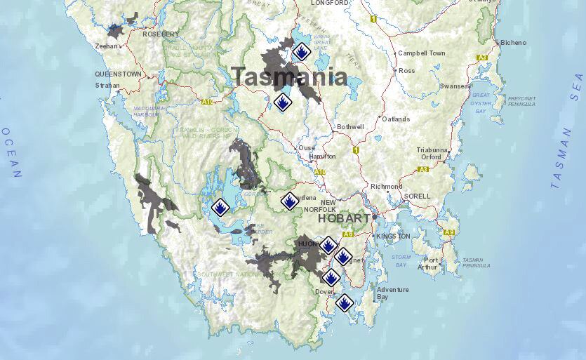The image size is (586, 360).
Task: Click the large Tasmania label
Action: pyautogui.click(x=289, y=76)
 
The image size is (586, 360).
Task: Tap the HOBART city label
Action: pyautogui.click(x=343, y=219)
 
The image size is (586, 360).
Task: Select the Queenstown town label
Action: pyautogui.click(x=118, y=74)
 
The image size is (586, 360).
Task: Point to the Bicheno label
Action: pyautogui.click(x=513, y=43)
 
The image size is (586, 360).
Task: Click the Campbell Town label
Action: pyautogui.click(x=421, y=53)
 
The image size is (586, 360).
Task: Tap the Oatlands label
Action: pyautogui.click(x=396, y=119)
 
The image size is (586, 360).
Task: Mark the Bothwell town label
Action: pyautogui.click(x=350, y=127)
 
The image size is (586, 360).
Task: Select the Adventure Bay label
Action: pyautogui.click(x=392, y=293)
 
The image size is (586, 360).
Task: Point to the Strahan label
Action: pyautogui.click(x=107, y=86)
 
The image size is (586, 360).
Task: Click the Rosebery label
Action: pyautogui.click(x=161, y=34)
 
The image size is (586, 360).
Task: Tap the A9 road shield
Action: pyautogui.click(x=449, y=232)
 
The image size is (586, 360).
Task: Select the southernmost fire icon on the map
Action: pyautogui.click(x=344, y=303)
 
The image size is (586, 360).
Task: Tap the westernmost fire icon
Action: pyautogui.click(x=220, y=207)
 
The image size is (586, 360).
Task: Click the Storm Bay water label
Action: pyautogui.click(x=401, y=261)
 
